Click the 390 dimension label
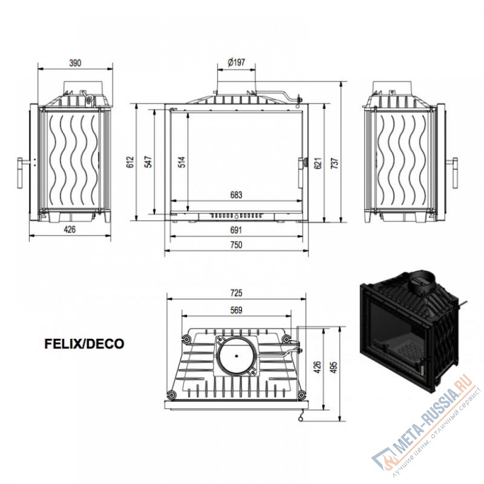(75, 63)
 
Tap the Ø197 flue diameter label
(236, 62)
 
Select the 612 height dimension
(131, 162)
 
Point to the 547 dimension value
(149, 162)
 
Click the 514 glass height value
(182, 162)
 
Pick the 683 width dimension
(236, 195)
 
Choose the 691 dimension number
(236, 230)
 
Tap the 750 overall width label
(236, 245)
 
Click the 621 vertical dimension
(318, 163)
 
